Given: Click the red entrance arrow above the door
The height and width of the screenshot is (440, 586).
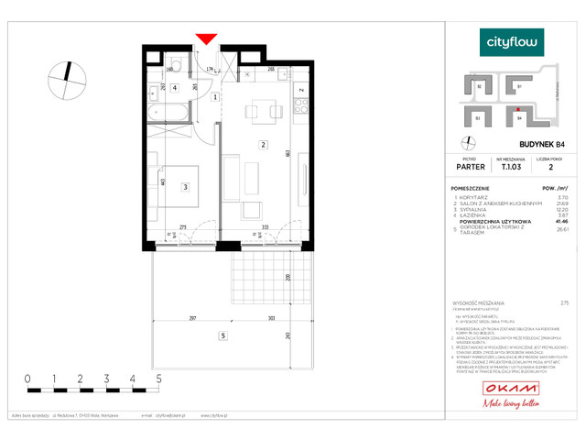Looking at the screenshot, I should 206,38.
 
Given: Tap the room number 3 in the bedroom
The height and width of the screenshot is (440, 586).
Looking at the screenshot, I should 185,188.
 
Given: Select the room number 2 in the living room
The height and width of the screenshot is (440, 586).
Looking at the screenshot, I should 263,144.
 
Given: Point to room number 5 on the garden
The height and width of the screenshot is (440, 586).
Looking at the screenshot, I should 222,336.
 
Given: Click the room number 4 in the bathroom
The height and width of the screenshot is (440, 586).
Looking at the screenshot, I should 175,88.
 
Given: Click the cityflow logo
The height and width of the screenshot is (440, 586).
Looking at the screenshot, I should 513,42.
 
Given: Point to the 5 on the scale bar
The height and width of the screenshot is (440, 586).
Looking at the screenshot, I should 159,378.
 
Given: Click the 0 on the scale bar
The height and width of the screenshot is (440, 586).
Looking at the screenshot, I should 27,378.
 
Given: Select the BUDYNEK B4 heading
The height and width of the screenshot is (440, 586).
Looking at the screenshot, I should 519,145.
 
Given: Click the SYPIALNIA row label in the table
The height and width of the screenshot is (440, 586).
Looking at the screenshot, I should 479,209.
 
